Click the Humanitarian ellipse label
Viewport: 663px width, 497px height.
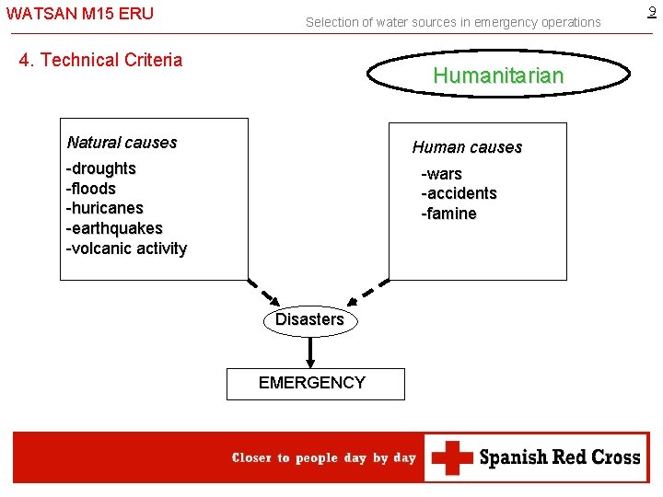pos(498,76)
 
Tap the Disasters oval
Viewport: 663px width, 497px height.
pos(309,319)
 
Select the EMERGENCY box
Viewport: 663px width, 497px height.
pos(315,383)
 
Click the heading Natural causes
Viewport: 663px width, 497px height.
pos(122,143)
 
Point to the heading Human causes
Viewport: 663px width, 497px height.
pos(467,147)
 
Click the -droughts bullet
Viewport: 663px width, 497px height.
pos(101,168)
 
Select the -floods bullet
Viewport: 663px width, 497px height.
pos(91,189)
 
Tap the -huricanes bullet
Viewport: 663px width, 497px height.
pos(104,208)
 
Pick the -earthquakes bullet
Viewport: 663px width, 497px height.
pos(114,228)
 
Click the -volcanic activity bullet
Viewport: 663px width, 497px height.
pos(126,248)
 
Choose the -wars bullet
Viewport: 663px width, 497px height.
pos(442,174)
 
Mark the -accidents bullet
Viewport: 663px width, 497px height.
pos(459,193)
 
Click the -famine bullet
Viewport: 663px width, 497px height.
pos(448,214)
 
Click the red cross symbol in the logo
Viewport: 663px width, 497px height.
pos(452,457)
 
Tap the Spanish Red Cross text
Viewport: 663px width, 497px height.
pos(559,457)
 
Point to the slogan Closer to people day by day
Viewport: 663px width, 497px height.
pos(324,457)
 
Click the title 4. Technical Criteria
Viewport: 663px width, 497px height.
pos(101,61)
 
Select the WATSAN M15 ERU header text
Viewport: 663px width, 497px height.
pos(79,14)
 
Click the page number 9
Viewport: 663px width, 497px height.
pos(652,12)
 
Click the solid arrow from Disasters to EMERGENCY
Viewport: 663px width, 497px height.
pos(310,351)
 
